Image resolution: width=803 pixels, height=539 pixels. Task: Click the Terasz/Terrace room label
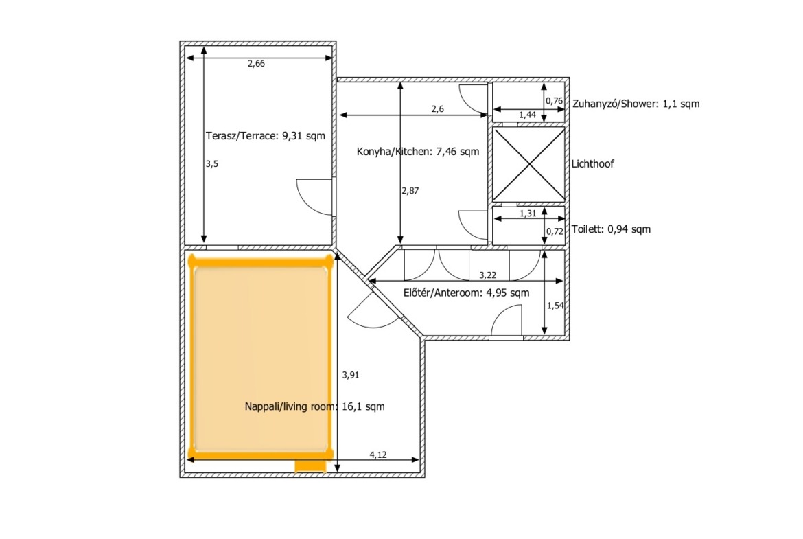coord(266,136)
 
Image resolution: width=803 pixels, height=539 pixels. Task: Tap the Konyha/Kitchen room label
coord(418,152)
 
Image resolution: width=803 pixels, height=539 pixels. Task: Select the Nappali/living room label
coord(314,406)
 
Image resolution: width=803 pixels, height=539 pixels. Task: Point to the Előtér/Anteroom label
coord(466,293)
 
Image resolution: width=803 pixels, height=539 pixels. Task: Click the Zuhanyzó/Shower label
coord(636,104)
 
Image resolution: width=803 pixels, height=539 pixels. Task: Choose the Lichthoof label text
coord(592,164)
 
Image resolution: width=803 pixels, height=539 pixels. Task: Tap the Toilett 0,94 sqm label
coord(611,229)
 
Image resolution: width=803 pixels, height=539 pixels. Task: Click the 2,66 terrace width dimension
coord(256,64)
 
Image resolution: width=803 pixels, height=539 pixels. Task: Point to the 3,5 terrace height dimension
coord(212,164)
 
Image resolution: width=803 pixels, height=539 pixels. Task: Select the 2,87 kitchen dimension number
coord(410,191)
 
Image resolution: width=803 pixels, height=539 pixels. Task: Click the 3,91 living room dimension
coord(351,375)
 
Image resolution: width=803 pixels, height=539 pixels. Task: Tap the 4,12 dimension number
coord(378,455)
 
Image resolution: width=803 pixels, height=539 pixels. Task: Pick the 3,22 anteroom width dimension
coord(487,275)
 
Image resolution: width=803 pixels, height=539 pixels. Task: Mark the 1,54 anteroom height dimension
coord(555,306)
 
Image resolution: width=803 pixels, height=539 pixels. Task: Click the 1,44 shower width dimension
coord(528,115)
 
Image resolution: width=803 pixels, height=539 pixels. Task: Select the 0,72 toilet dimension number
coord(555,231)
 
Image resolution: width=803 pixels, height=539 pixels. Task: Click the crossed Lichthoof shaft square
coord(528,165)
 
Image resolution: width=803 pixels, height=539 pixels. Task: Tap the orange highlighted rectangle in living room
coord(261,357)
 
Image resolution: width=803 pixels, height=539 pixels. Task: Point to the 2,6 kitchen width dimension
coord(437,109)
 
